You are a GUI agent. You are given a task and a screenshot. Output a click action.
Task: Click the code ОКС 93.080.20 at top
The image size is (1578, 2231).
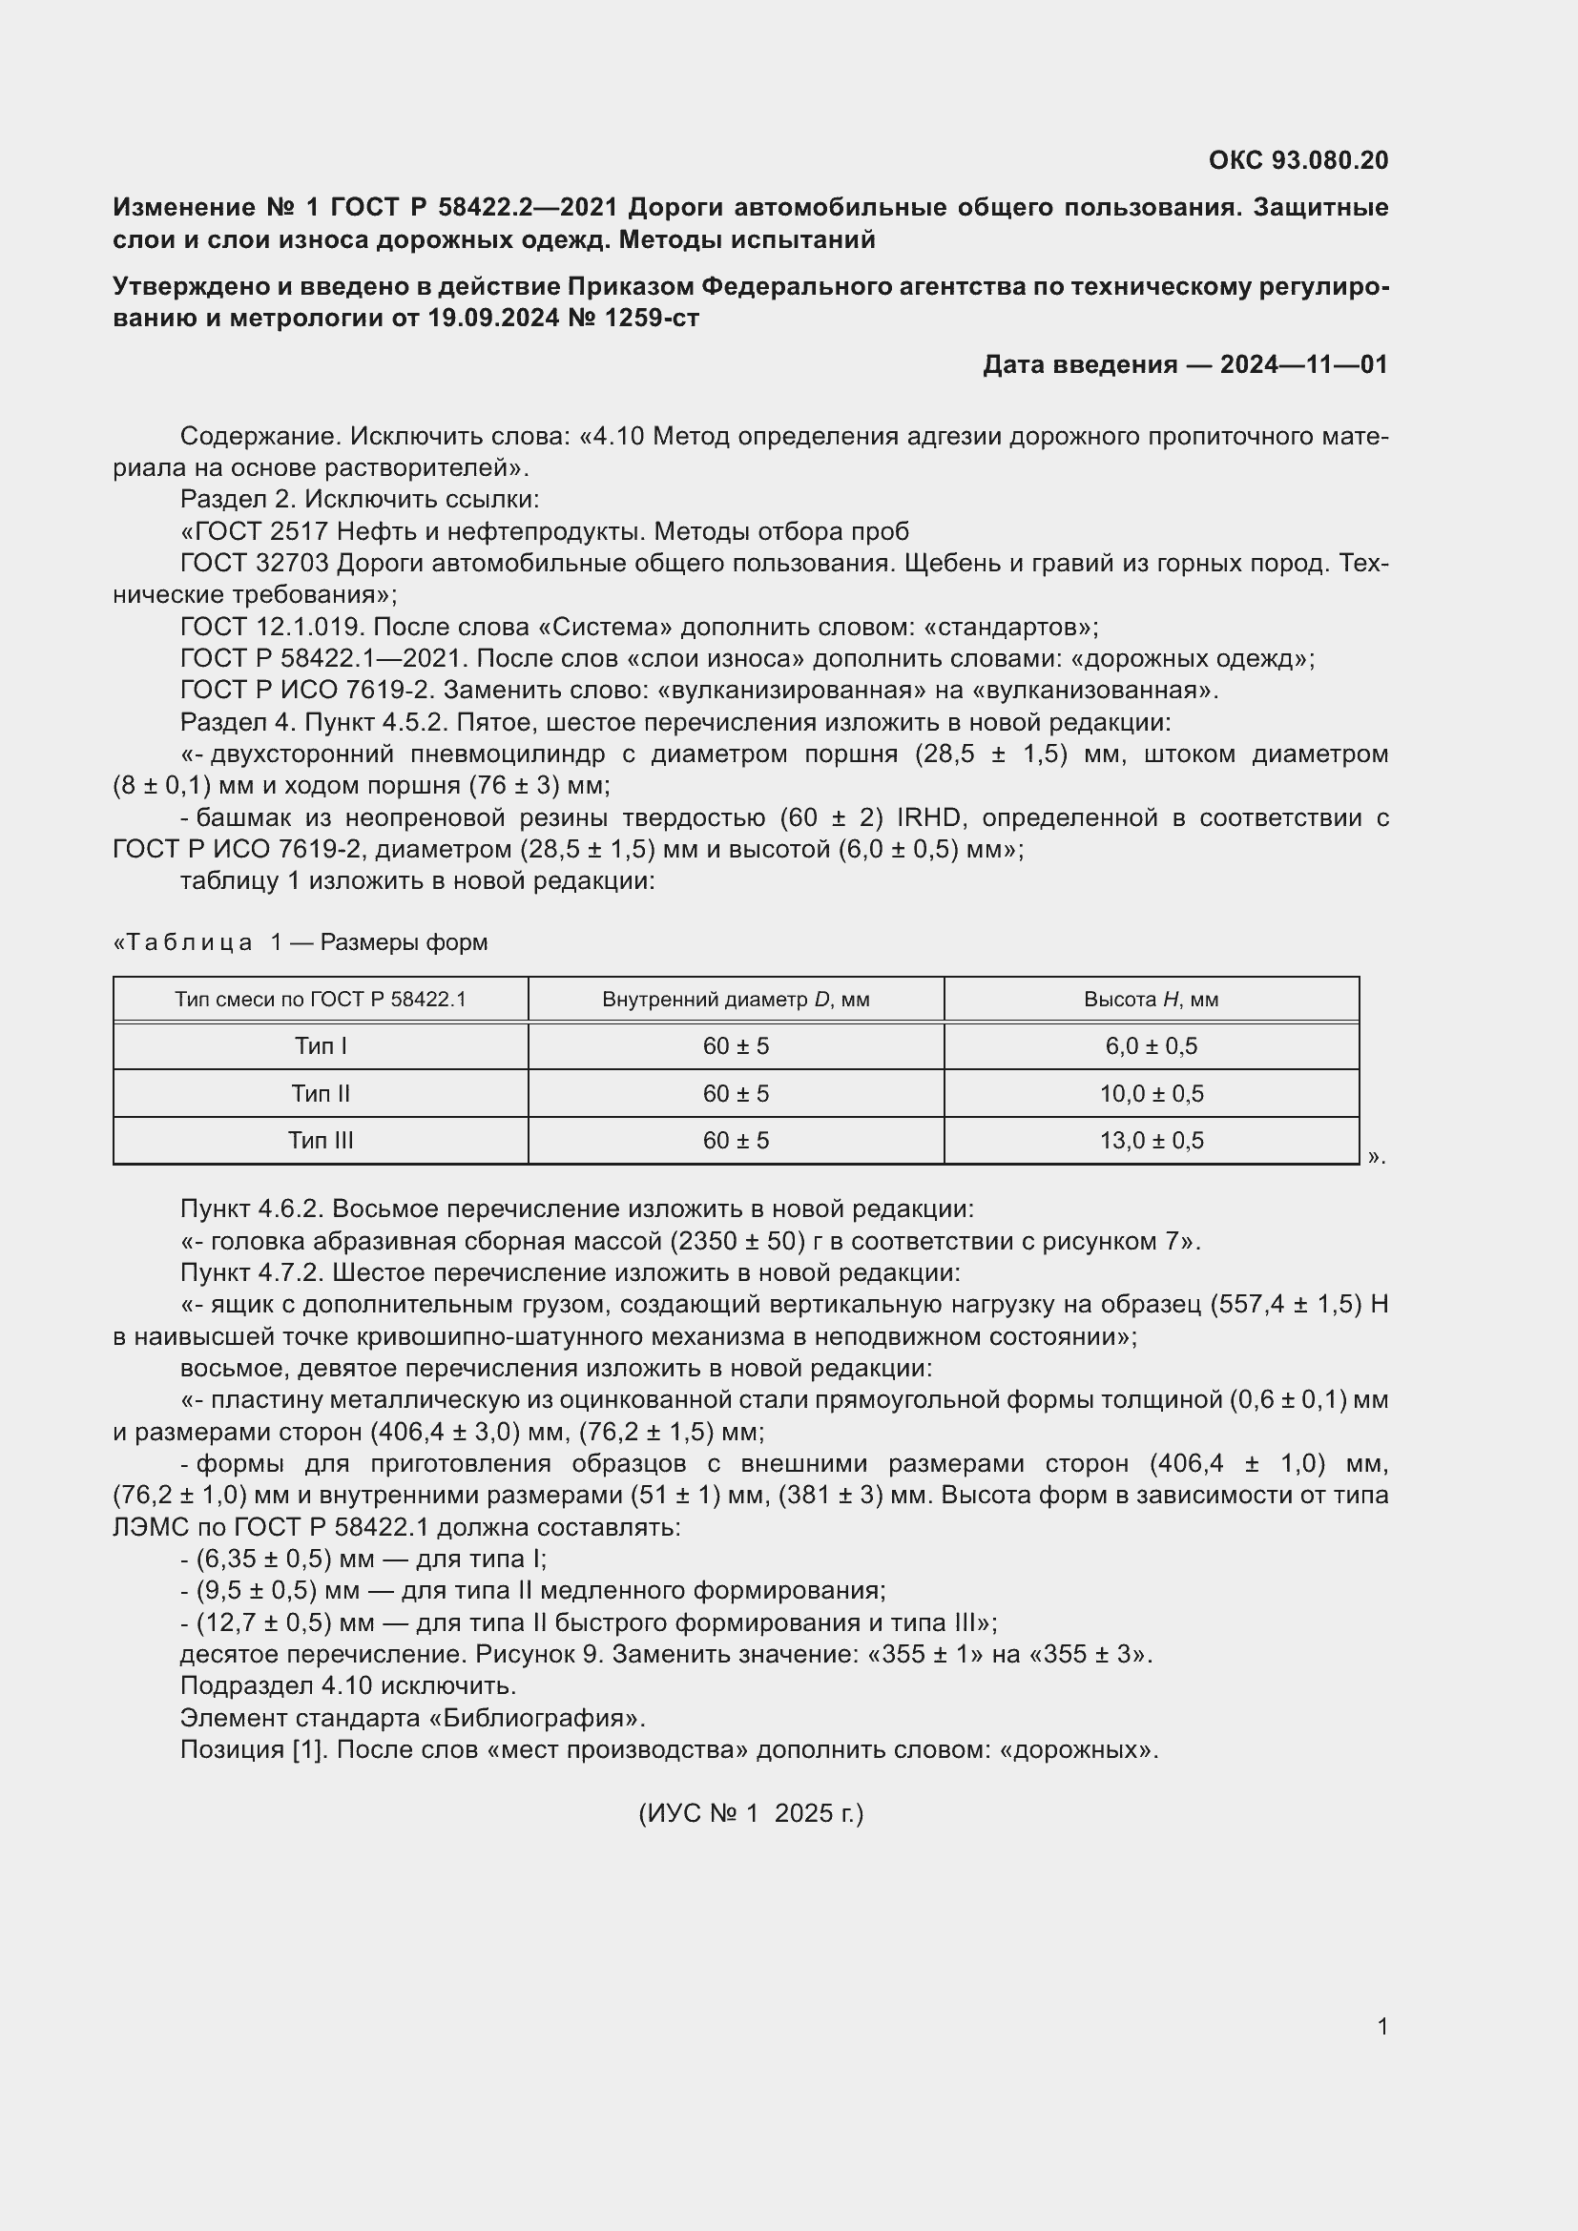1298,160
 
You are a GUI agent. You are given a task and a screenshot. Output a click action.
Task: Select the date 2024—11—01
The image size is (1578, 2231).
1303,364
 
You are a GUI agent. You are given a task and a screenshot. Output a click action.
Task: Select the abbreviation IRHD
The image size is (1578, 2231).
928,818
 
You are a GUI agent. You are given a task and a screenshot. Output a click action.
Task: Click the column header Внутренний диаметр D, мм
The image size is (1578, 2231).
736,1000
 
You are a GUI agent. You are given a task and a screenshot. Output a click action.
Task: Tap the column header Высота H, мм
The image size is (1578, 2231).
1151,1000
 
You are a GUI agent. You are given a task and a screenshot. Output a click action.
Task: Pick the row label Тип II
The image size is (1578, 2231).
321,1094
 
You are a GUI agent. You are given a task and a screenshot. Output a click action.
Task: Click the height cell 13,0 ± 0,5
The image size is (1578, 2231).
1151,1141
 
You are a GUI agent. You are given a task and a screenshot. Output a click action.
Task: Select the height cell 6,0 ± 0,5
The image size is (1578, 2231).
1151,1046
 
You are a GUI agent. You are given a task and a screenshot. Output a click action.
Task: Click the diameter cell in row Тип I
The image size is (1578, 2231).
736,1046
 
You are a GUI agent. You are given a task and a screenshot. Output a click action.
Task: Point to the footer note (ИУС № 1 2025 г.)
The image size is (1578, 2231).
750,1813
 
